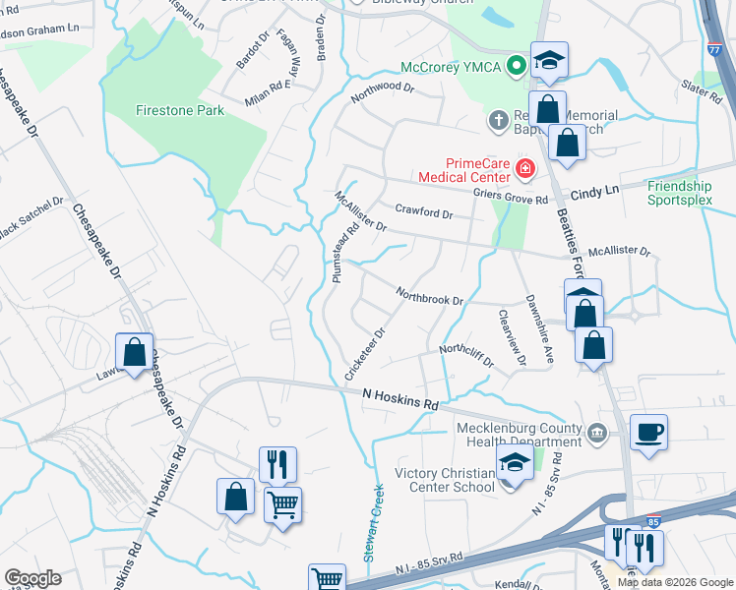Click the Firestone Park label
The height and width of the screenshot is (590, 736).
tap(180, 110)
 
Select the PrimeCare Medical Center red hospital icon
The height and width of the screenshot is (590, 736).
tap(524, 169)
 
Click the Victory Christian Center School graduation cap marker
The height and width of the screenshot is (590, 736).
tap(513, 463)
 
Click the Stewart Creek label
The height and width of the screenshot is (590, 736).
tap(373, 522)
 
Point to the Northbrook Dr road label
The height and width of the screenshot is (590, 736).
tap(429, 295)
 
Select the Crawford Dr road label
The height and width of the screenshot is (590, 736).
tap(423, 212)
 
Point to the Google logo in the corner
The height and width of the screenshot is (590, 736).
tap(32, 577)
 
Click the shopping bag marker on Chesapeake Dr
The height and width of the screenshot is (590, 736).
tap(134, 351)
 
